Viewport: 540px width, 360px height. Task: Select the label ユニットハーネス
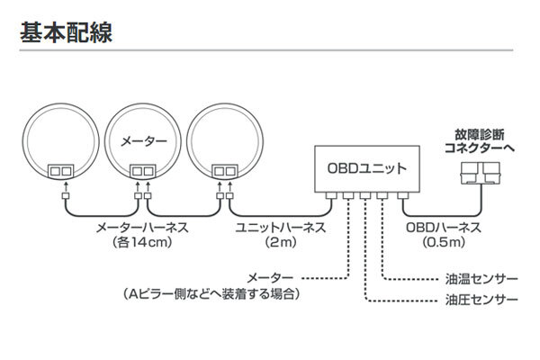[x=273, y=229]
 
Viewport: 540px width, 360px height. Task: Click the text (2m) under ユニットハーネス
[x=273, y=244]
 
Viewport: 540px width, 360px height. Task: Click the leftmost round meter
[x=64, y=144]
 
